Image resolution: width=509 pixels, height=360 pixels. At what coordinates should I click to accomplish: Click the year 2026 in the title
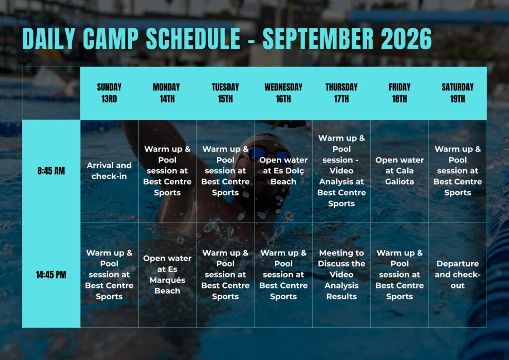(x=406, y=38)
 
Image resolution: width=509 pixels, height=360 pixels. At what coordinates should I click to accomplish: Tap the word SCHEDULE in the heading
(x=193, y=38)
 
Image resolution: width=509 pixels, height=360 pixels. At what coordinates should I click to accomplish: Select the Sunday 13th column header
(x=109, y=93)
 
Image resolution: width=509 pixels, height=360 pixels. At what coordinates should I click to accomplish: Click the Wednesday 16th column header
(x=283, y=93)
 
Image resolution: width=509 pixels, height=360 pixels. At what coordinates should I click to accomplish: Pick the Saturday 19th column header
(x=457, y=93)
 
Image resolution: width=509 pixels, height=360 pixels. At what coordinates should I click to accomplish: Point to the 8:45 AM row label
(x=51, y=171)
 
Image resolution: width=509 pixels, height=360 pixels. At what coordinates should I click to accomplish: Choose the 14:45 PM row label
(x=51, y=274)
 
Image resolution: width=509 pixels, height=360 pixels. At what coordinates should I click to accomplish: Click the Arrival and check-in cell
(x=109, y=171)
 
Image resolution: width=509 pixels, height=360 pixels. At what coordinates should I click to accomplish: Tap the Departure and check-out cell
(x=457, y=274)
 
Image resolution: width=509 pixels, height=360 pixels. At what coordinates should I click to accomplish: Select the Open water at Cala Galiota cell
(x=400, y=171)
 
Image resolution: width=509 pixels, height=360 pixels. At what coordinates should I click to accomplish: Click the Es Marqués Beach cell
(x=167, y=274)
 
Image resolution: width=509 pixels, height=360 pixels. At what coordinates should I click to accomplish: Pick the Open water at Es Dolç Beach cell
(x=283, y=171)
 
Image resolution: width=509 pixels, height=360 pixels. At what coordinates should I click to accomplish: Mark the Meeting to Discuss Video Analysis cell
(x=341, y=274)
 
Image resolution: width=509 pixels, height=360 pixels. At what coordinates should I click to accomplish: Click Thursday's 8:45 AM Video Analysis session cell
(x=341, y=171)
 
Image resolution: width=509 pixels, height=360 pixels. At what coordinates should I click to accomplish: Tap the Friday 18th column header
(x=400, y=93)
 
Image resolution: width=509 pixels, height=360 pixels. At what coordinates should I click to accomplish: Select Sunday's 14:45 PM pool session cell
(x=109, y=274)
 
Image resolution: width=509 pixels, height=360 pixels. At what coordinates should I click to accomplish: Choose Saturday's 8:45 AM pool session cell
(x=457, y=171)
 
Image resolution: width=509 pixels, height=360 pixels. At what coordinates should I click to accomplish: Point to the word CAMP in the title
(x=110, y=38)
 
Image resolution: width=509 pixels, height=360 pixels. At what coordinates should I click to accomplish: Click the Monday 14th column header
(x=167, y=93)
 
